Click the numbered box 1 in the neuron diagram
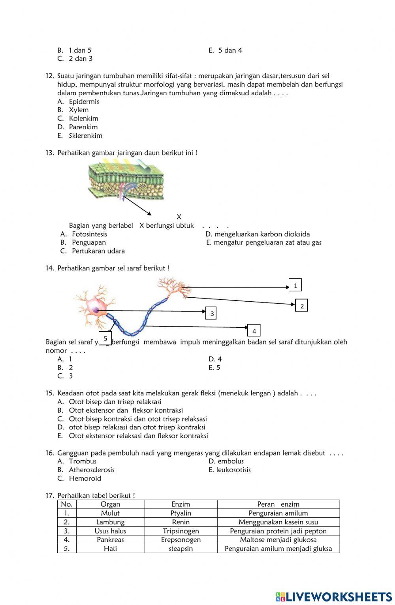pyautogui.click(x=295, y=285)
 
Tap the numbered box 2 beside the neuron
pyautogui.click(x=302, y=305)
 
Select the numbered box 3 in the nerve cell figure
pyautogui.click(x=212, y=314)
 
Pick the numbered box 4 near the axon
pyautogui.click(x=254, y=331)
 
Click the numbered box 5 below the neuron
pyautogui.click(x=105, y=338)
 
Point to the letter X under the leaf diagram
pyautogui.click(x=179, y=217)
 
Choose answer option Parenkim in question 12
pyautogui.click(x=83, y=127)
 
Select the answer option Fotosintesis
pyautogui.click(x=89, y=234)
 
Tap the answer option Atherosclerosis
pyautogui.click(x=92, y=470)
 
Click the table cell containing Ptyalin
pyautogui.click(x=181, y=513)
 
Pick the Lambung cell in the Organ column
pyautogui.click(x=110, y=522)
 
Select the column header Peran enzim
pyautogui.click(x=278, y=504)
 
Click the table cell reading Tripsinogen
pyautogui.click(x=181, y=531)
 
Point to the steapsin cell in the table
pyautogui.click(x=181, y=548)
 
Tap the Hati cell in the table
pyautogui.click(x=110, y=548)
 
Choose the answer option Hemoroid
pyautogui.click(x=85, y=478)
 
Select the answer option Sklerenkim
pyautogui.click(x=85, y=136)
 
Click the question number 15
pyautogui.click(x=50, y=393)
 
